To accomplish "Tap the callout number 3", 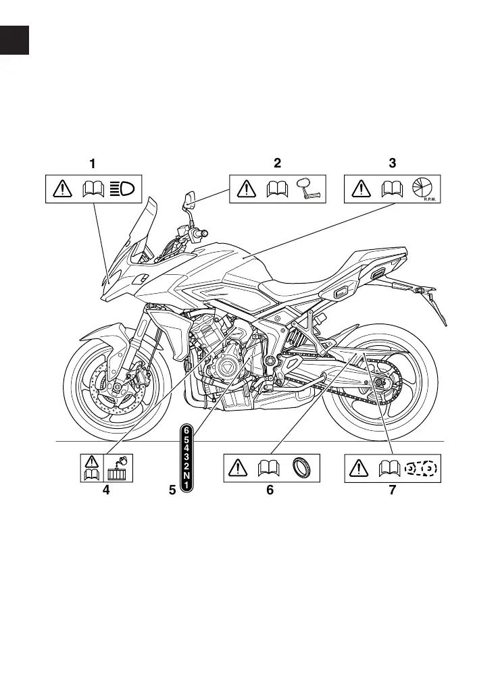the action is [393, 163].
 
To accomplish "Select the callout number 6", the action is [270, 491].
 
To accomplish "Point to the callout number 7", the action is [393, 491].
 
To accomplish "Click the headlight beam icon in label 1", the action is [124, 189].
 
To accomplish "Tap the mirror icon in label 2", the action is [309, 190].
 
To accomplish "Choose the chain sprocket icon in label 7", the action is [422, 468].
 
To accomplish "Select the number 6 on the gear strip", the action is [186, 428].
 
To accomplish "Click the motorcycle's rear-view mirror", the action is [188, 201].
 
